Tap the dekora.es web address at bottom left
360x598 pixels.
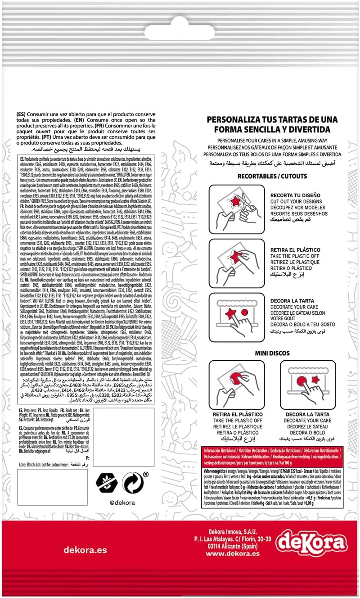[85, 549]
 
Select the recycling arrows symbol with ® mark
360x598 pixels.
[133, 483]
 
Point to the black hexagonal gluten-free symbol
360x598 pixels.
[107, 483]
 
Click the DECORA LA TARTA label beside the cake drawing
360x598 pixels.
[295, 300]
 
